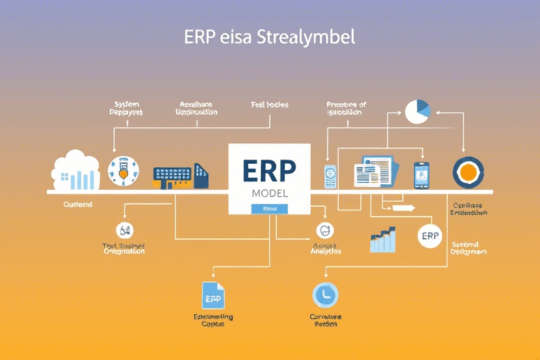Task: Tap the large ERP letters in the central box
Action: click(269, 172)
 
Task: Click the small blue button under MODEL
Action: click(269, 209)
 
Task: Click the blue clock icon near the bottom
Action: click(326, 295)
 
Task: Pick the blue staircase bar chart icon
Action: click(383, 240)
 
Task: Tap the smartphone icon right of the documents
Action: click(421, 174)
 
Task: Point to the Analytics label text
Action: click(325, 251)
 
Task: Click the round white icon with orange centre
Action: click(124, 171)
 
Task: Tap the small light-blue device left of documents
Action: click(330, 176)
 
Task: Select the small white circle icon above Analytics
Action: click(325, 229)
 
